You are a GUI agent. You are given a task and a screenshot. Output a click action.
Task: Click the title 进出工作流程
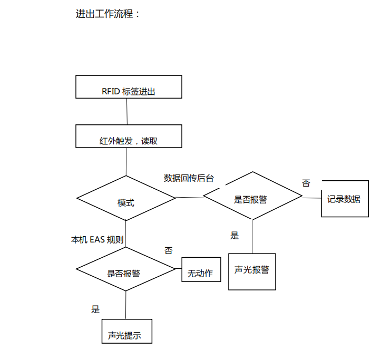click(108, 14)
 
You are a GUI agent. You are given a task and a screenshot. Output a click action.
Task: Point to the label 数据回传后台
click(189, 178)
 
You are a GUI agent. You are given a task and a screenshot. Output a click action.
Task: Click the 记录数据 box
click(344, 199)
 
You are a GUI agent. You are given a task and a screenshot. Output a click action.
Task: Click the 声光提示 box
click(126, 332)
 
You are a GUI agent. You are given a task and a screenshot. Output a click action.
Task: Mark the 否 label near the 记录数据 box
click(306, 183)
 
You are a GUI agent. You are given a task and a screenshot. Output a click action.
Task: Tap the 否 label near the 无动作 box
click(168, 250)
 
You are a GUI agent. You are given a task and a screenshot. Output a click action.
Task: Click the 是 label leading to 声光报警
click(235, 236)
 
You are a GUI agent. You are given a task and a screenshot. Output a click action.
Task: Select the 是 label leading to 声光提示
click(95, 309)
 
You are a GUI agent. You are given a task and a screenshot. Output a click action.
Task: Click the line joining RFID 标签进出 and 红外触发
click(127, 111)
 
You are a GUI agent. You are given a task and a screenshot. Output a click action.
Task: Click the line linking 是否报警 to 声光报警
click(252, 237)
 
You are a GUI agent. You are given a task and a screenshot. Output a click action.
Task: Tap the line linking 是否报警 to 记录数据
click(311, 198)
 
